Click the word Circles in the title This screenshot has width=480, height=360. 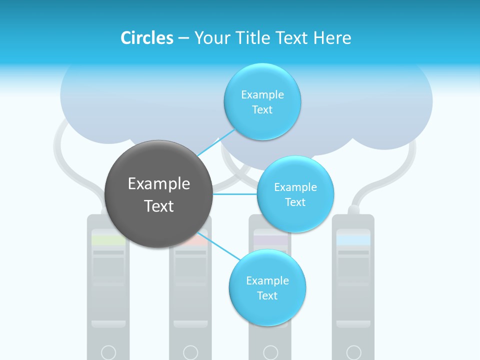point(147,38)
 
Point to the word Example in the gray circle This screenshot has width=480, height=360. point(159,184)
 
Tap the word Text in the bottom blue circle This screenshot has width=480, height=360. point(267,296)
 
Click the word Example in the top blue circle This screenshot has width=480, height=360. point(262,95)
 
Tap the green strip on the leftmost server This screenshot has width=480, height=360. point(108,240)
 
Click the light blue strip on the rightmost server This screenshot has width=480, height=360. point(353,240)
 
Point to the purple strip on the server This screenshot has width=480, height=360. point(270,240)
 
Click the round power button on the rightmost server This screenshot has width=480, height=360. point(353,352)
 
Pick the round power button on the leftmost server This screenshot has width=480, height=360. point(108,352)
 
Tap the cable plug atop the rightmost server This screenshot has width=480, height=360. point(353,209)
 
